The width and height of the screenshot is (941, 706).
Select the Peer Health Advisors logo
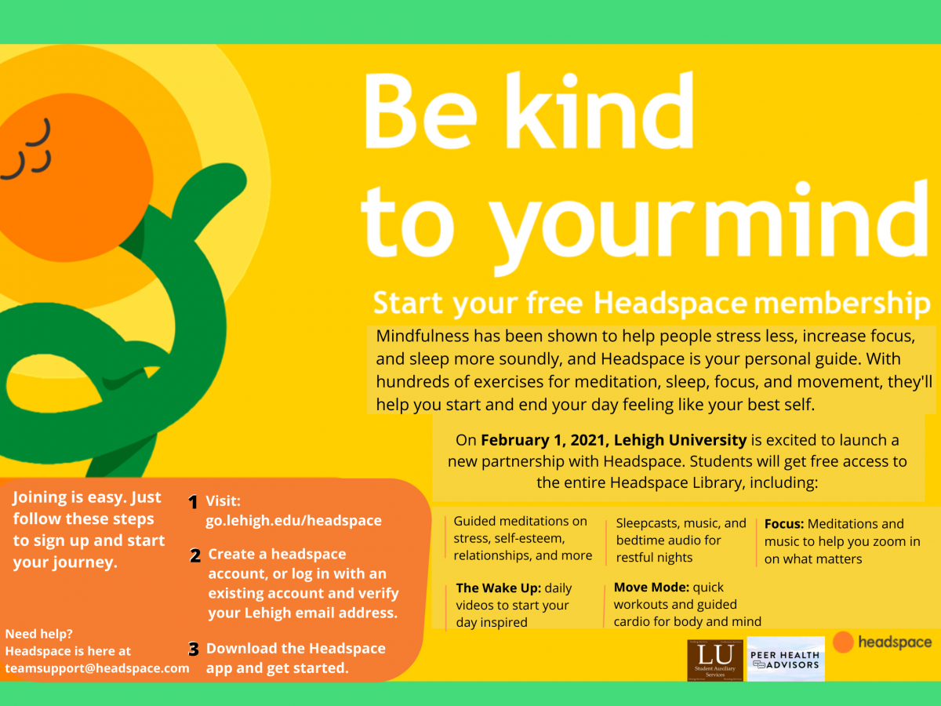click(x=785, y=660)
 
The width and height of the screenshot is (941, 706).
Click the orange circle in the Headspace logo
click(x=843, y=642)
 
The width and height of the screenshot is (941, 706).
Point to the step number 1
click(x=193, y=503)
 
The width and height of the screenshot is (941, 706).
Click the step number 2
click(x=195, y=556)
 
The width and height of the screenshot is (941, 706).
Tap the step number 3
click(x=194, y=650)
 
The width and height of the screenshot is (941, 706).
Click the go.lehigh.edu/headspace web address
click(x=293, y=521)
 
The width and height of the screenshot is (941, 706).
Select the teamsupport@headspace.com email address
click(x=97, y=668)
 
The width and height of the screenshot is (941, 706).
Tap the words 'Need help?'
click(x=38, y=634)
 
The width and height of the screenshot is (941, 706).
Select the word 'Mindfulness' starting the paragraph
click(x=422, y=337)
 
